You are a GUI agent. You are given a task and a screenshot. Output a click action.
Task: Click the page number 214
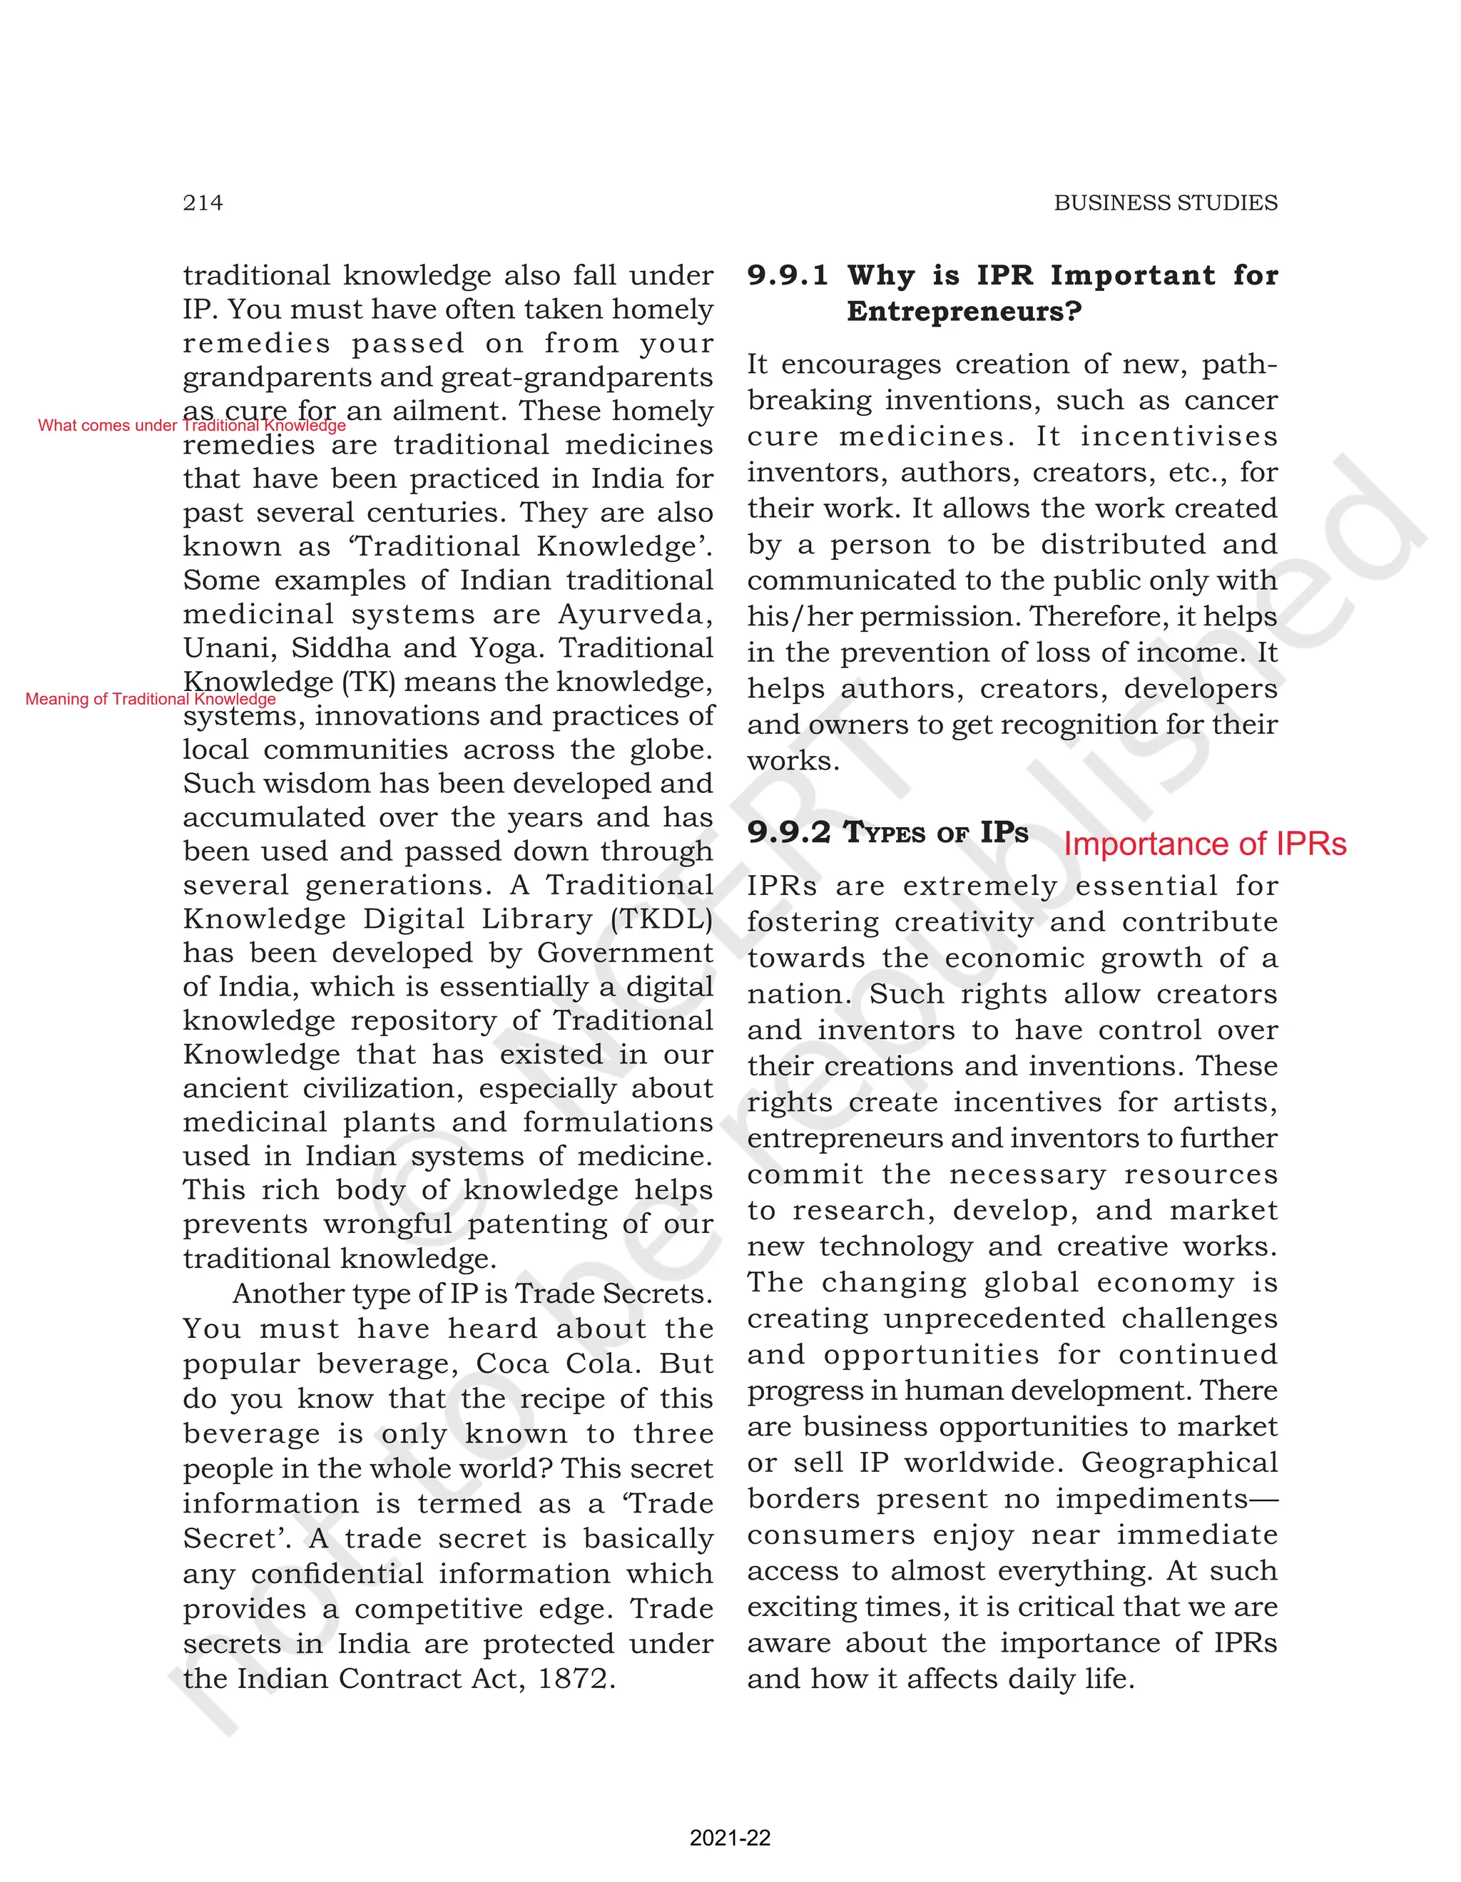point(203,203)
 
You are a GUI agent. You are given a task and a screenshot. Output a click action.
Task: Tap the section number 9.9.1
point(787,276)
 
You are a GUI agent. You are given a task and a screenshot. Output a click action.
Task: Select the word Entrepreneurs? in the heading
point(964,311)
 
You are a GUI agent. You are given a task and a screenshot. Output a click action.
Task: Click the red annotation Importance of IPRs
point(1204,844)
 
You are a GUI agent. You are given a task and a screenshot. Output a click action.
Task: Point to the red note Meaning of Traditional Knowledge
point(150,699)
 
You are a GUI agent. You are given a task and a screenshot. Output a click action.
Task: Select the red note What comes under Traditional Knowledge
point(191,426)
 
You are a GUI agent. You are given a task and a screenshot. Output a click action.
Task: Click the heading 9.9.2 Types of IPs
point(888,832)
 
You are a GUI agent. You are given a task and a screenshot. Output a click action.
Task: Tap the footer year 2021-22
point(730,1838)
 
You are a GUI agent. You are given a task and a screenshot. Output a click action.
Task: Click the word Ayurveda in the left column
point(635,615)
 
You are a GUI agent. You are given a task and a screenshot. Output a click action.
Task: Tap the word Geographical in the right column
point(1179,1463)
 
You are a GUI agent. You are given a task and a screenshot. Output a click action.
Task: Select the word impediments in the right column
point(1151,1498)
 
